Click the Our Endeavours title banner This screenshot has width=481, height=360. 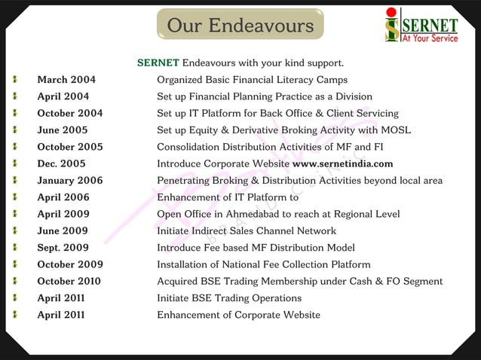click(x=240, y=26)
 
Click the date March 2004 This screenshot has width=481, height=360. click(x=66, y=80)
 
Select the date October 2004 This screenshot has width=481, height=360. click(x=70, y=114)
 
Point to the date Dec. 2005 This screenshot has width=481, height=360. click(x=61, y=163)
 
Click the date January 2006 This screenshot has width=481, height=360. click(x=70, y=181)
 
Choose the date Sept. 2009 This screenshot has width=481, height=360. click(x=64, y=248)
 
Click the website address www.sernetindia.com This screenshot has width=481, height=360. click(x=342, y=163)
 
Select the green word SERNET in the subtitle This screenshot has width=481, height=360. click(x=158, y=63)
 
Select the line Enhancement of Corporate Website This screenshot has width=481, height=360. click(x=238, y=315)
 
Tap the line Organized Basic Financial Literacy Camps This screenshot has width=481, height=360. click(x=252, y=80)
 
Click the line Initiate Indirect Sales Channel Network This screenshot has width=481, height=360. click(x=247, y=231)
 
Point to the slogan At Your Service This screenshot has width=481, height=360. click(x=430, y=38)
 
